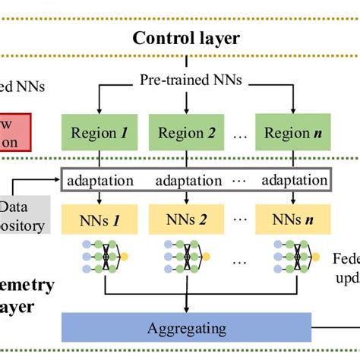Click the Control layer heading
(x=186, y=38)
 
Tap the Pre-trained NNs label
(x=191, y=78)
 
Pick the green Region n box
(x=289, y=133)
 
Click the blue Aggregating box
(x=186, y=328)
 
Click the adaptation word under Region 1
(x=100, y=181)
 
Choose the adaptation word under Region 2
(x=188, y=181)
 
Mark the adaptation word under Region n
(x=293, y=181)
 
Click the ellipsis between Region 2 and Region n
(x=238, y=134)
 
